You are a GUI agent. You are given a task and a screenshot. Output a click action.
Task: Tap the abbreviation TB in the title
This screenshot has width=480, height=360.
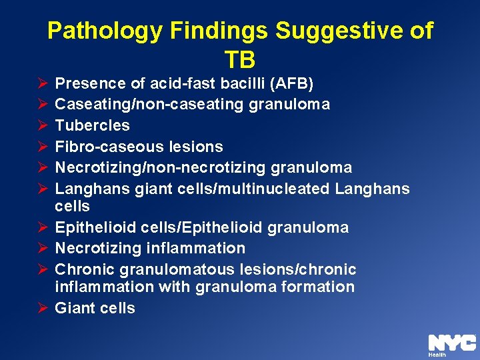click(x=240, y=60)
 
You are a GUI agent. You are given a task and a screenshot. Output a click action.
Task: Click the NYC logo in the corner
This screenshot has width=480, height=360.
click(x=451, y=343)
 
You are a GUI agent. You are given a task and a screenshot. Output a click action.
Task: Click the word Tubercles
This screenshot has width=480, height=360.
click(x=92, y=125)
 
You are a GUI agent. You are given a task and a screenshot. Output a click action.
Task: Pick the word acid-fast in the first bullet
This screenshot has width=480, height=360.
click(x=175, y=84)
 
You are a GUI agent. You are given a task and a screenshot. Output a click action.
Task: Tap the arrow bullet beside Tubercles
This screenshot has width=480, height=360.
click(x=41, y=125)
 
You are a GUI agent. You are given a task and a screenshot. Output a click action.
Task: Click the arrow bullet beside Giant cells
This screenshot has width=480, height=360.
click(x=41, y=308)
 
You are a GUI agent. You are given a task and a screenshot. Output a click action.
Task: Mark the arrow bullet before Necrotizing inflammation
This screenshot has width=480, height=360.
click(x=41, y=248)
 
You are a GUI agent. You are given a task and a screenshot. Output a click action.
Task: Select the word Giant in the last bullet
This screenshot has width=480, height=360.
click(x=74, y=308)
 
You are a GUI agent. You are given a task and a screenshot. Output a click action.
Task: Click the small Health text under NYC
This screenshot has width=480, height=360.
click(x=437, y=355)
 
